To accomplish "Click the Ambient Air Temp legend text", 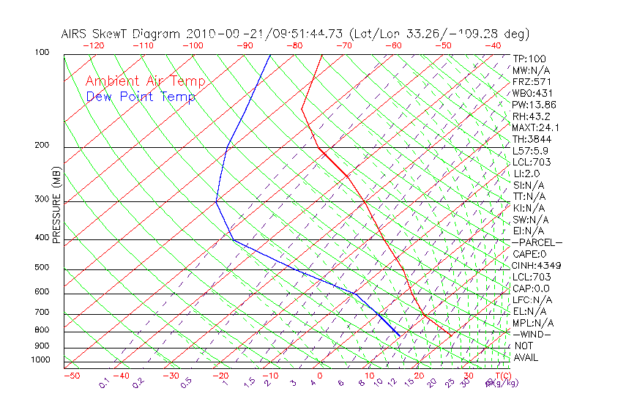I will click(145, 81).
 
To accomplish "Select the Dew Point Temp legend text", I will click(141, 97).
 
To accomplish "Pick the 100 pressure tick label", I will click(42, 53).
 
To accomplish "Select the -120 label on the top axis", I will click(93, 45).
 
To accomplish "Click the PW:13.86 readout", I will click(534, 105).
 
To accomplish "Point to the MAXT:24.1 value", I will click(536, 127).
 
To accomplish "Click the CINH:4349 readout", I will click(536, 265).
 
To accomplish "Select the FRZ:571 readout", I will click(532, 81).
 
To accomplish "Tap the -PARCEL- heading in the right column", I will click(537, 242).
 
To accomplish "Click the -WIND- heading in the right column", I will click(532, 334).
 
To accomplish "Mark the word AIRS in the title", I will click(75, 34).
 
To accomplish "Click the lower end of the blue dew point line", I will click(400, 335).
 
